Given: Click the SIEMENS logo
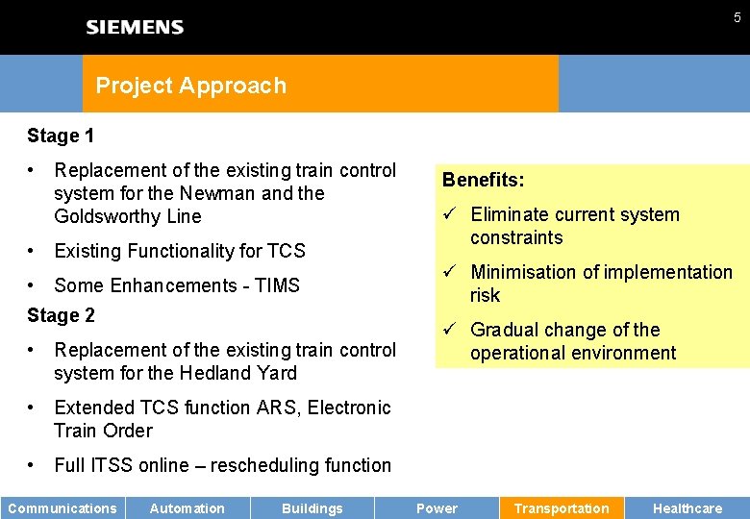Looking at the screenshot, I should coord(135,27).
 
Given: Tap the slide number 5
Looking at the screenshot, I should coord(737,17).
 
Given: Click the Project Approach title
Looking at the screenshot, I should coord(190,86).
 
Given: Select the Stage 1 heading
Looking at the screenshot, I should coord(61,136).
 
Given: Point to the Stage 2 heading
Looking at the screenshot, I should coord(61,315).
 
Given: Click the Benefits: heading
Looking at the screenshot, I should coord(483,180).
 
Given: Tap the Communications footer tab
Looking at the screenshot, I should coord(62,508).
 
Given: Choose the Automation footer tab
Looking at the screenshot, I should coord(187,508).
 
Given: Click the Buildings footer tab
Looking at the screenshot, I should coord(312,508).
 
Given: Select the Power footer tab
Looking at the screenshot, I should coord(437,508).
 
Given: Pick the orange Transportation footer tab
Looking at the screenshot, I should coord(562,508).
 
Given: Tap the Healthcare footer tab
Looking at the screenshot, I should coord(687,508).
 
